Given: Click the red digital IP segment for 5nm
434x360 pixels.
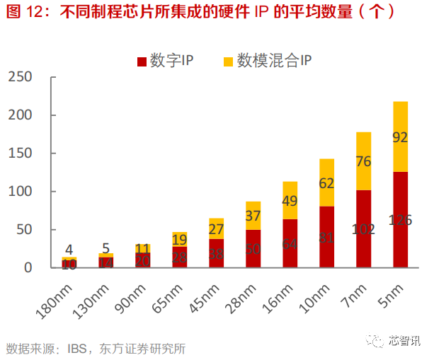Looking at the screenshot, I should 401,220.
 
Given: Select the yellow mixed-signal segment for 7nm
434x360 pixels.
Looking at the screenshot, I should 364,161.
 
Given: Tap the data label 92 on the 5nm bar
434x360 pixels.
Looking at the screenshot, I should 401,137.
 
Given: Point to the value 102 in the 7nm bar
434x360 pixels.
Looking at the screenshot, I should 364,230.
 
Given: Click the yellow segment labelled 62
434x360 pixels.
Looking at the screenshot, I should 327,182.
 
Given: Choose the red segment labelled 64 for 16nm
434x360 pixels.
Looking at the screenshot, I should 290,243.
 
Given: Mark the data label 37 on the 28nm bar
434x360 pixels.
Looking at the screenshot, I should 253,215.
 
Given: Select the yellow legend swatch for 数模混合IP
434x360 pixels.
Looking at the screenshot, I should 228,62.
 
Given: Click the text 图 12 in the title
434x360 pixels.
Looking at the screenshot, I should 21,12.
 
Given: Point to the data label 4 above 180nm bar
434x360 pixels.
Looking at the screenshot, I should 69,249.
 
